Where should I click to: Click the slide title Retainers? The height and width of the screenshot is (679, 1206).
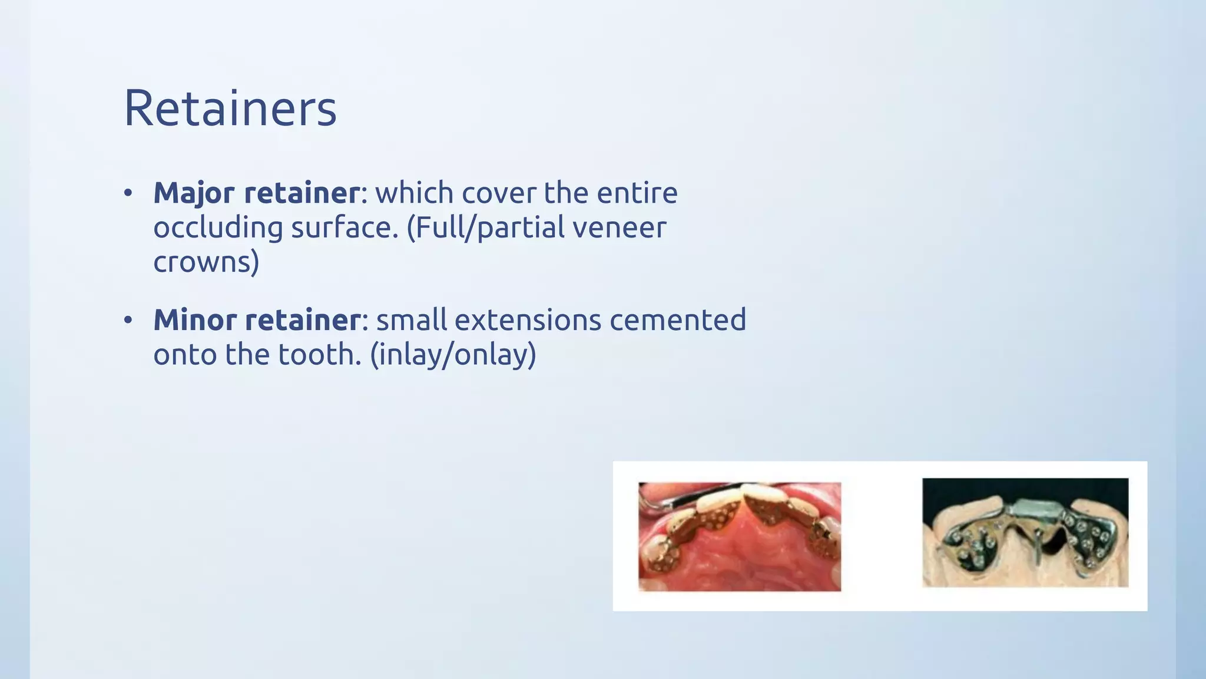(230, 108)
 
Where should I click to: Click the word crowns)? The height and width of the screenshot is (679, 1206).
(206, 262)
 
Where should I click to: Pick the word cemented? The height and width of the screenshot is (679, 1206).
(678, 320)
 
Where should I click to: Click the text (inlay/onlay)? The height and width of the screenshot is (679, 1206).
(453, 355)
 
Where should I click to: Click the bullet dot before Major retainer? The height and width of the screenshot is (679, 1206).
(128, 193)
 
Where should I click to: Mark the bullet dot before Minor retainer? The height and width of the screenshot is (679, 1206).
(128, 321)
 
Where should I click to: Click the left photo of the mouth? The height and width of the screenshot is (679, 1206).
(740, 536)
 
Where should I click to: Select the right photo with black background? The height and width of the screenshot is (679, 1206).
(1025, 532)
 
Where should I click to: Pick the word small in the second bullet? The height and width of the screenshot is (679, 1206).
(412, 320)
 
